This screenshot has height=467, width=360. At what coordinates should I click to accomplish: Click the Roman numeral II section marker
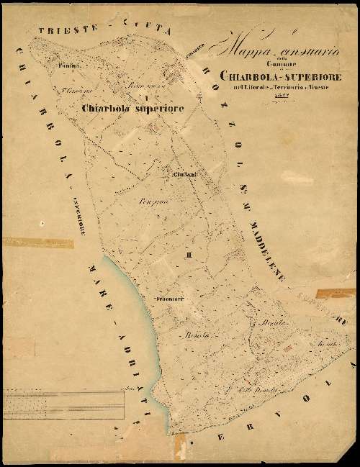pos(189,255)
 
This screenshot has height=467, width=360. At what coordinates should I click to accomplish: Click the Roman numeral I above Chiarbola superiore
pos(146,96)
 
